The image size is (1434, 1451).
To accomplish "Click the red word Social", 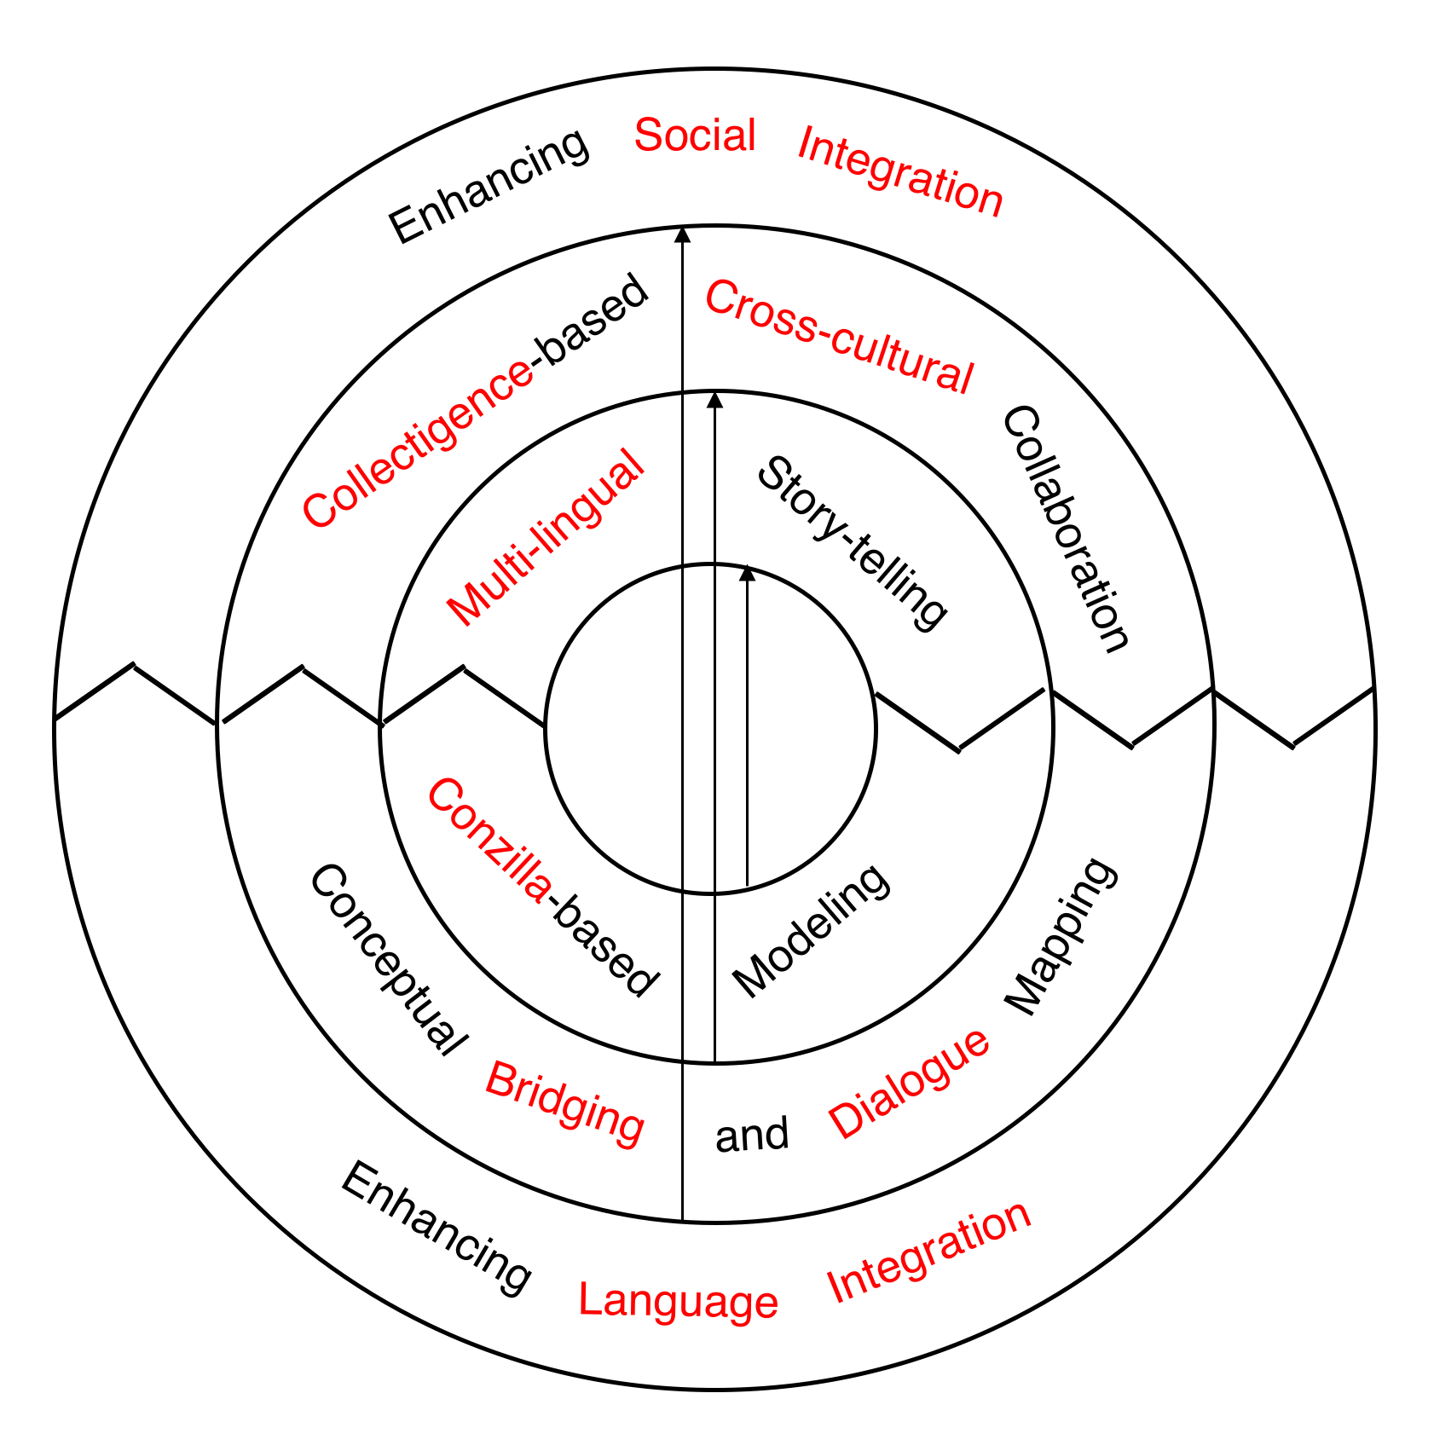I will click(x=695, y=136).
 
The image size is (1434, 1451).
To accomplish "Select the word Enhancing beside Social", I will click(x=489, y=186).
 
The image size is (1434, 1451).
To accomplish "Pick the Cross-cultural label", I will click(x=839, y=338).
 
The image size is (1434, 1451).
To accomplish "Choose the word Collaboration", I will click(x=1066, y=529).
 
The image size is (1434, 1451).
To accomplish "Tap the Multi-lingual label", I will click(x=545, y=538).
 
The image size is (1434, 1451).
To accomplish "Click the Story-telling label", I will click(x=852, y=543).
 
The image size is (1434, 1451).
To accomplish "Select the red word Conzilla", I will click(x=489, y=840).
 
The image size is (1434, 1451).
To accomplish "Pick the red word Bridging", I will click(x=564, y=1104).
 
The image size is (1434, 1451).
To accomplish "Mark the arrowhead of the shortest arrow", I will click(x=747, y=573).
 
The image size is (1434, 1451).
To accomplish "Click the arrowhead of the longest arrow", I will click(x=682, y=235).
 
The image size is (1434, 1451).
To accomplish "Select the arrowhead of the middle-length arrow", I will click(x=714, y=400).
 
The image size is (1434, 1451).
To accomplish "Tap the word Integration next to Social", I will click(x=900, y=171).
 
